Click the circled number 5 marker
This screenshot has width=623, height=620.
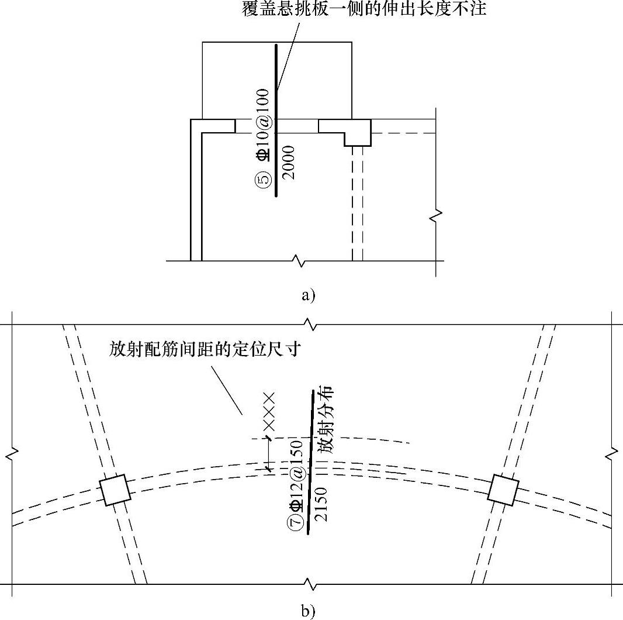pyautogui.click(x=265, y=180)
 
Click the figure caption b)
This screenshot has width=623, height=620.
pyautogui.click(x=308, y=611)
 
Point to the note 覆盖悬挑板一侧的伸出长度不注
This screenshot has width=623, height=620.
pyautogui.click(x=364, y=10)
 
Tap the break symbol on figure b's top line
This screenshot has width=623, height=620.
pyautogui.click(x=310, y=323)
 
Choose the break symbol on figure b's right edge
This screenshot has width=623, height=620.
pyautogui.click(x=611, y=452)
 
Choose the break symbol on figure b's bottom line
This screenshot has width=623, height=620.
pyautogui.click(x=310, y=584)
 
